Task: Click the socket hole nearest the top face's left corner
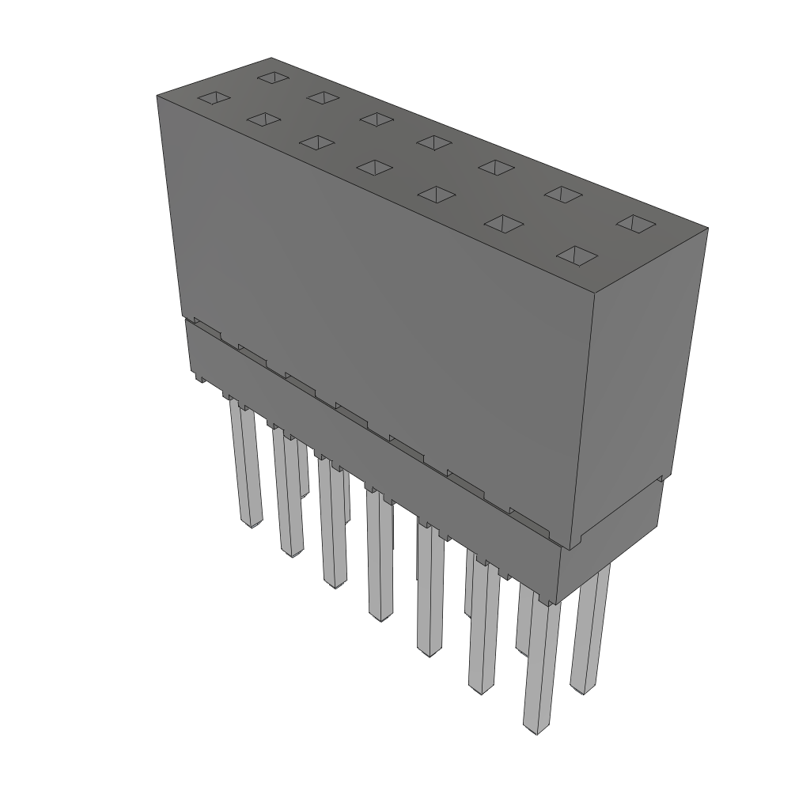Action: click(x=214, y=98)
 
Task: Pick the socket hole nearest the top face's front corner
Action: click(x=577, y=255)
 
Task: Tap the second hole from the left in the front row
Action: click(x=263, y=119)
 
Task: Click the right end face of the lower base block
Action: click(x=609, y=538)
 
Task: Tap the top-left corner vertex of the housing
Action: click(x=157, y=95)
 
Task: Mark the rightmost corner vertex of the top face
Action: click(x=707, y=229)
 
